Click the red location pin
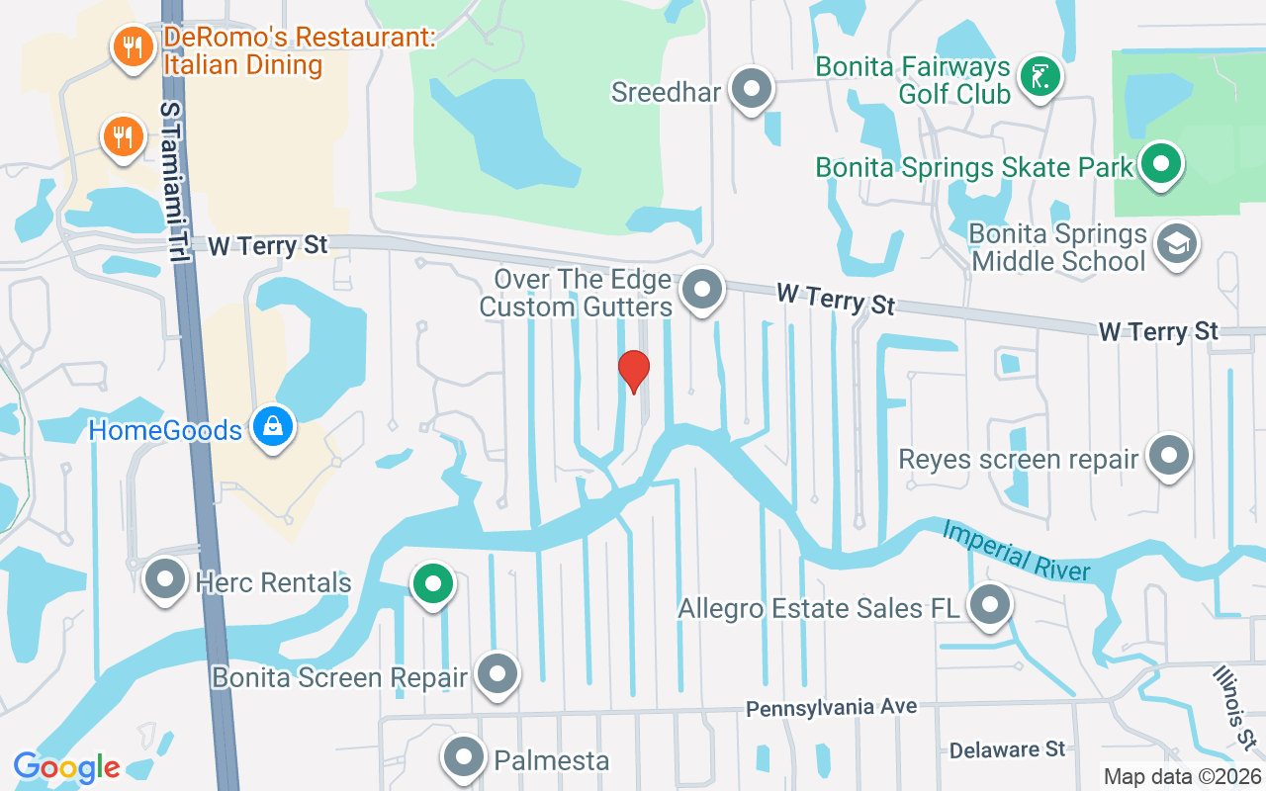(633, 370)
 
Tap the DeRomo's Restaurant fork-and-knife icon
(130, 45)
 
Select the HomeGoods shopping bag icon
(272, 426)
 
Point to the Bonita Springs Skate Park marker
(1162, 162)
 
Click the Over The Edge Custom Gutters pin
(703, 290)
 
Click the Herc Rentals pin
(165, 578)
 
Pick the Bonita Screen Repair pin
(497, 673)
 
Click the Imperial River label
(1016, 552)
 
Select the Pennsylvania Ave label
(831, 708)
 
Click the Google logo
(66, 767)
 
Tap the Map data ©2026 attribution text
(1181, 777)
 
